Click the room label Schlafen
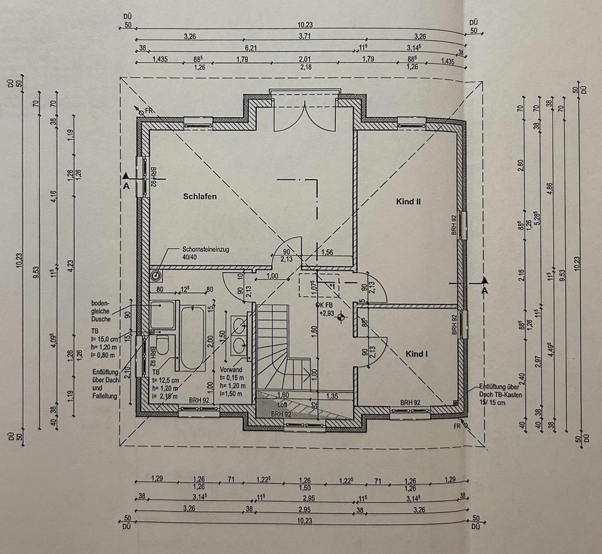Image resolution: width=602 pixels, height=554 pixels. coord(200,197)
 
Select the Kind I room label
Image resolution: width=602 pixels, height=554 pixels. coord(416,354)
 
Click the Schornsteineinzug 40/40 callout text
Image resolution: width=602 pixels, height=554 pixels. coord(206,253)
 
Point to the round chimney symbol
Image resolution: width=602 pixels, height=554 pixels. coord(156,274)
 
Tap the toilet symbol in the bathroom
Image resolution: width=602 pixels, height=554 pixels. coord(162,346)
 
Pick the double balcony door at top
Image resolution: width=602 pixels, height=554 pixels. coord(305,117)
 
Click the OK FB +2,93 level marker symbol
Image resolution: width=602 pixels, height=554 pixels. coord(341,317)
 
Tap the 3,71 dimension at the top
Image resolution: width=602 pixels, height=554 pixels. coord(304,36)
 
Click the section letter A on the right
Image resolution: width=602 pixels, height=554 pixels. coord(483,291)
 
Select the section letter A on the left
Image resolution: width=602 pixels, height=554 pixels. coord(126,186)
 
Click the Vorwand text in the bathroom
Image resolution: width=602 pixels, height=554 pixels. coord(231,370)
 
